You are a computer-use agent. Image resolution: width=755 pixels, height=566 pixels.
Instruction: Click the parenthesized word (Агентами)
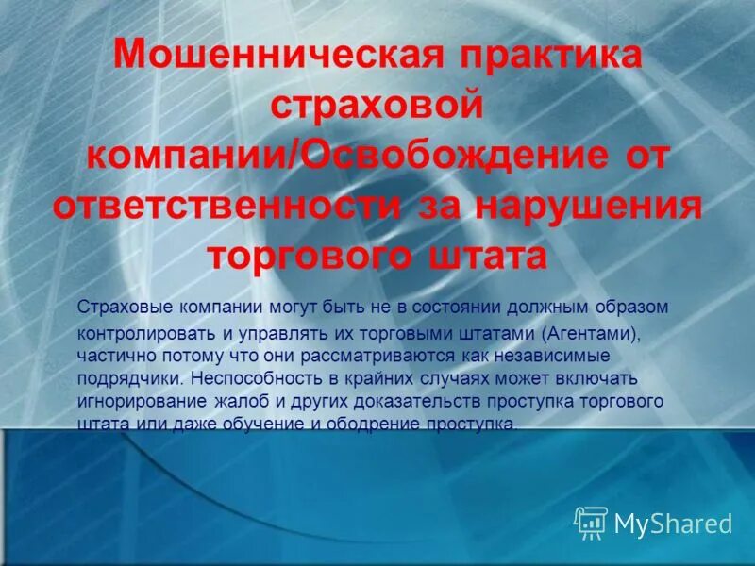tap(588, 333)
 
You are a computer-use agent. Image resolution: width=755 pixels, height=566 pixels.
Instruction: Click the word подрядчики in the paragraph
tap(127, 378)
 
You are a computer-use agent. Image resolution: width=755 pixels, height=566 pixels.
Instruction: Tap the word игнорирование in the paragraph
tap(131, 401)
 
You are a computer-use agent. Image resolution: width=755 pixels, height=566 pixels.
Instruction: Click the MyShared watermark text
tap(673, 523)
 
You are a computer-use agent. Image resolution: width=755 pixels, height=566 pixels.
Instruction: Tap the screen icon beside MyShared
tap(592, 522)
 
